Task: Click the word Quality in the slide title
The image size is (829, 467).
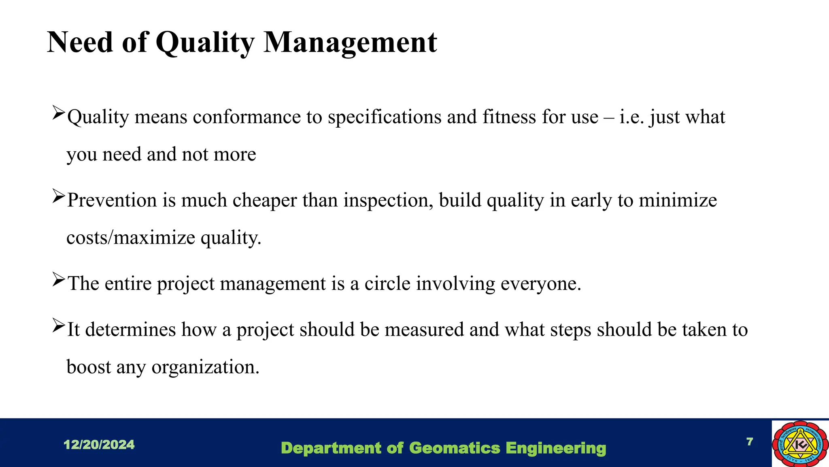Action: click(205, 43)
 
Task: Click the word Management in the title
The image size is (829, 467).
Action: click(350, 43)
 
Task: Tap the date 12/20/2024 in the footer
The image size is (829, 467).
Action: click(99, 445)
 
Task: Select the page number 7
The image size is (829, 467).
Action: click(750, 441)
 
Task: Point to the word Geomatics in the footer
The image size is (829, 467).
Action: click(455, 448)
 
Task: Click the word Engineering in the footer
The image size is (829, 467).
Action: click(556, 448)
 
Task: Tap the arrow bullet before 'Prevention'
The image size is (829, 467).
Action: click(58, 197)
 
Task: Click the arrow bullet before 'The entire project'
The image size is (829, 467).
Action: click(58, 280)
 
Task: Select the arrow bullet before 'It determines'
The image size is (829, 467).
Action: click(58, 326)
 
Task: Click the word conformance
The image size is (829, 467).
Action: click(247, 117)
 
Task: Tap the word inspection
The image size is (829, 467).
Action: click(388, 200)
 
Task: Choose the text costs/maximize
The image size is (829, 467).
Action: click(131, 238)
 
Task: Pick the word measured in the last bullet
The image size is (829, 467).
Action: click(424, 329)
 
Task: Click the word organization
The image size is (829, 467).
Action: click(205, 367)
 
